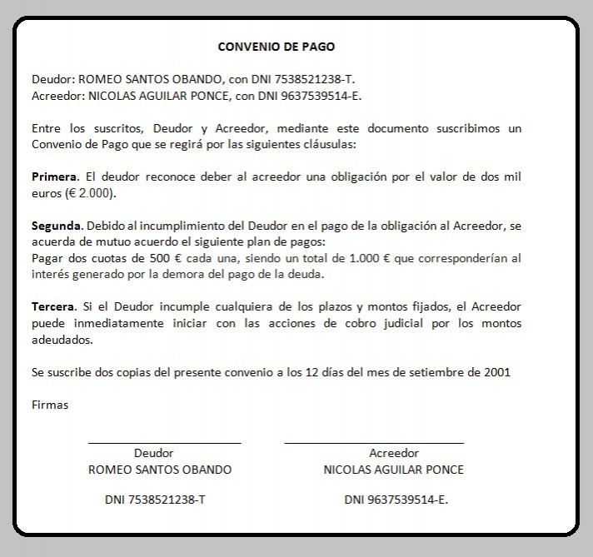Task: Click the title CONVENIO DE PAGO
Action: click(276, 47)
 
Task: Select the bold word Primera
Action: click(54, 177)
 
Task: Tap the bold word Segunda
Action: click(57, 226)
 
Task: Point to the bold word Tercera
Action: click(52, 307)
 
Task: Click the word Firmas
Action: click(50, 405)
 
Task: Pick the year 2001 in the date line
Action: click(496, 372)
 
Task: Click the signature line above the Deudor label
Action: click(164, 443)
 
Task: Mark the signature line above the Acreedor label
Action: click(374, 443)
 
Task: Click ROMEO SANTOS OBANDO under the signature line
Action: click(160, 470)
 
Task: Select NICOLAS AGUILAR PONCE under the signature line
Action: click(393, 470)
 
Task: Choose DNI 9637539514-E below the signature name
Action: click(396, 500)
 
